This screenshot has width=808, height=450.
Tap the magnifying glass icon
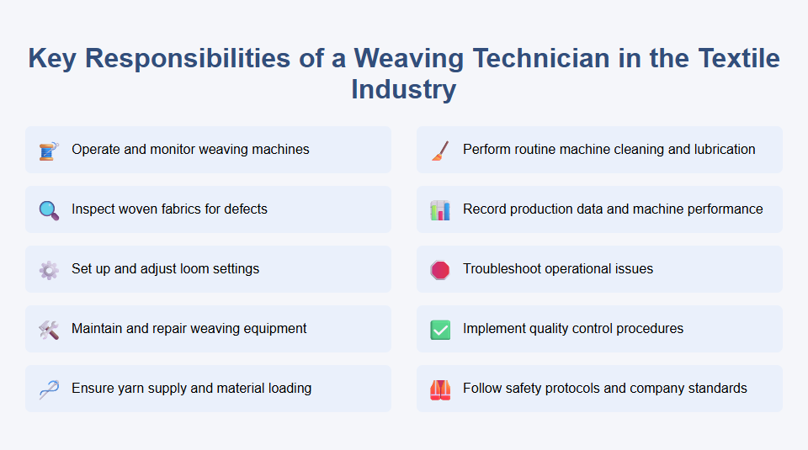[x=49, y=210]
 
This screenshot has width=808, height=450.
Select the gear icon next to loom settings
[x=49, y=270]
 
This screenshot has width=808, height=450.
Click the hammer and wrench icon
[x=49, y=330]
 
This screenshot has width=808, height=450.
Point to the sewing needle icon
[x=49, y=389]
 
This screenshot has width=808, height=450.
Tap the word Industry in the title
[x=403, y=88]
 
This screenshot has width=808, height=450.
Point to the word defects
[x=245, y=209]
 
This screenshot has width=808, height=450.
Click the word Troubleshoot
[x=505, y=269]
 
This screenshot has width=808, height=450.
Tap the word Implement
[x=495, y=329]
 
